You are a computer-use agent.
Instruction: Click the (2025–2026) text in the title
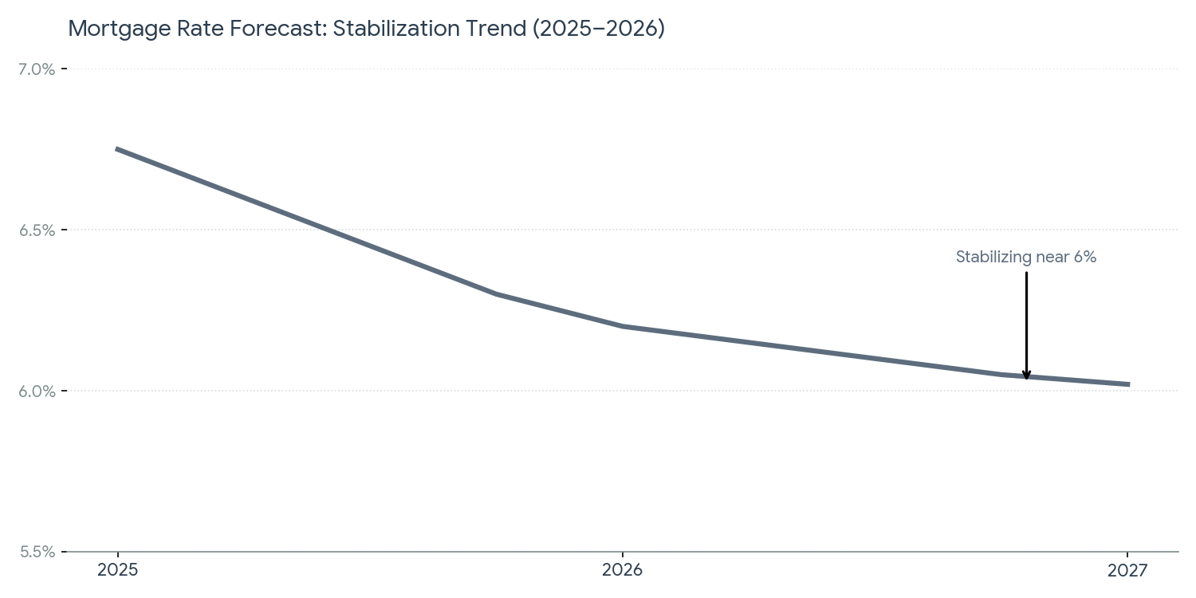click(x=598, y=29)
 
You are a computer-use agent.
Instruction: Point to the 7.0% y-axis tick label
click(x=37, y=69)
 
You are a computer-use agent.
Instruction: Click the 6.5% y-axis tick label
click(x=37, y=230)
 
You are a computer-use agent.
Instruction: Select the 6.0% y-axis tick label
click(x=37, y=391)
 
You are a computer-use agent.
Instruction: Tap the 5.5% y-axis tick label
click(x=37, y=552)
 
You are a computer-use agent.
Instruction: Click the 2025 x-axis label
click(x=117, y=570)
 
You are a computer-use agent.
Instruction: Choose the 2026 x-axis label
click(x=623, y=570)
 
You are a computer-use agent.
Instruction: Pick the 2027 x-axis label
click(x=1127, y=570)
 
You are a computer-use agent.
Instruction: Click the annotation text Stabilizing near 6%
click(x=1026, y=258)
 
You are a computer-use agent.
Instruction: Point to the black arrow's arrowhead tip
click(x=1026, y=379)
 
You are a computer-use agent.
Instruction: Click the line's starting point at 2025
click(x=117, y=149)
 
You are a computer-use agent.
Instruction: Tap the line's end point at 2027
click(x=1127, y=384)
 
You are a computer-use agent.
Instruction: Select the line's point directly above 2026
click(x=623, y=326)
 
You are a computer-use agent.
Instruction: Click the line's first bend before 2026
click(x=497, y=294)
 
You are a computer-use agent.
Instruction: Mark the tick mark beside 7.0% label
click(x=64, y=69)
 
